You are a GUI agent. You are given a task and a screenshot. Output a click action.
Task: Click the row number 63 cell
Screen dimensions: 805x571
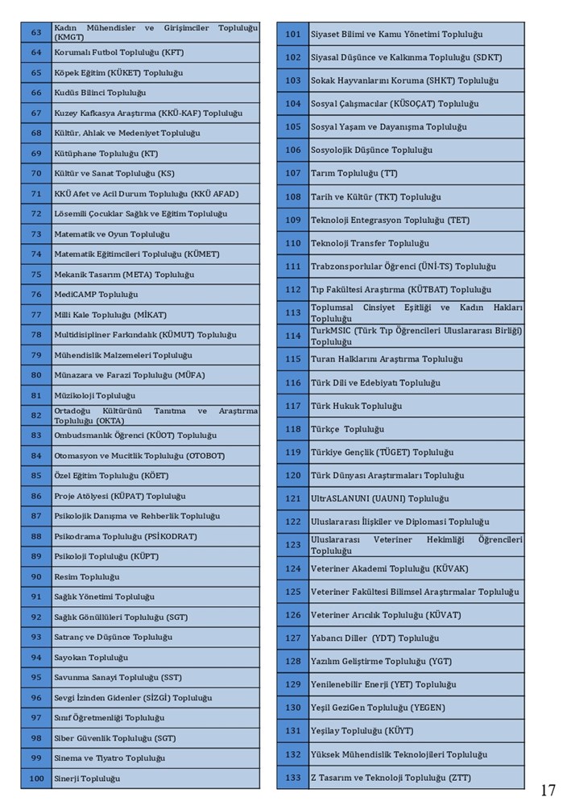click(36, 32)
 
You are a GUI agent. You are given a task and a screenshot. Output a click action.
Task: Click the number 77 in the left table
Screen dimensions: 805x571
click(36, 315)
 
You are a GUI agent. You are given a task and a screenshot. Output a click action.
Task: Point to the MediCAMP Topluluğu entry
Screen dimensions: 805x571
click(96, 295)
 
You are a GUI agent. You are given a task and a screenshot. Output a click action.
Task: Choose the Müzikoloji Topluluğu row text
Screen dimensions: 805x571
click(94, 395)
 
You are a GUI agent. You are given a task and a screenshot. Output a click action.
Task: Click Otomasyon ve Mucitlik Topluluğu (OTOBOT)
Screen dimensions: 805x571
click(139, 456)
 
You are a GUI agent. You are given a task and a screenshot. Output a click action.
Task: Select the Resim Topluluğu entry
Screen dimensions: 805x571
click(86, 576)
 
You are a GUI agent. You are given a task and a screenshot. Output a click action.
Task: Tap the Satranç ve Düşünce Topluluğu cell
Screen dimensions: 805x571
click(113, 637)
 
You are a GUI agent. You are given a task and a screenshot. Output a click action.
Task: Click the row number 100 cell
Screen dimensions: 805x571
click(36, 778)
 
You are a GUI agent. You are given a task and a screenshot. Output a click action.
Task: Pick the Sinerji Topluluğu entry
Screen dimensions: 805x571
click(87, 778)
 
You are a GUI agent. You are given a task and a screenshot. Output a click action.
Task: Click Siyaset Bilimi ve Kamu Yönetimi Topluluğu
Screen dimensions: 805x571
click(396, 34)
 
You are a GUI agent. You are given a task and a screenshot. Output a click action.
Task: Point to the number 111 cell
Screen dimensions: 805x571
click(293, 266)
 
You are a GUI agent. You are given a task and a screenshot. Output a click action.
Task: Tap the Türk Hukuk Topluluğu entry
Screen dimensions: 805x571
click(356, 406)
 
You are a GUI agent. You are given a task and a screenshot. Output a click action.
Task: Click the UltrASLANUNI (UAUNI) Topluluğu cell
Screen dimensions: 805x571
click(380, 498)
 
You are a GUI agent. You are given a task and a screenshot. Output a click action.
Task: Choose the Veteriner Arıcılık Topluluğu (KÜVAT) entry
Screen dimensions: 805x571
click(386, 615)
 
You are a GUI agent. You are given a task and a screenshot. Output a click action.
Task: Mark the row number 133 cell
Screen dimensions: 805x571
click(293, 778)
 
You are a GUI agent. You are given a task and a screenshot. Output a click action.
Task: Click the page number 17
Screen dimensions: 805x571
click(548, 790)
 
